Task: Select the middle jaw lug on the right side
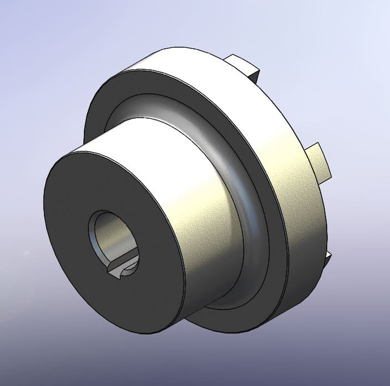[x=320, y=163]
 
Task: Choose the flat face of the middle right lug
[x=324, y=163]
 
